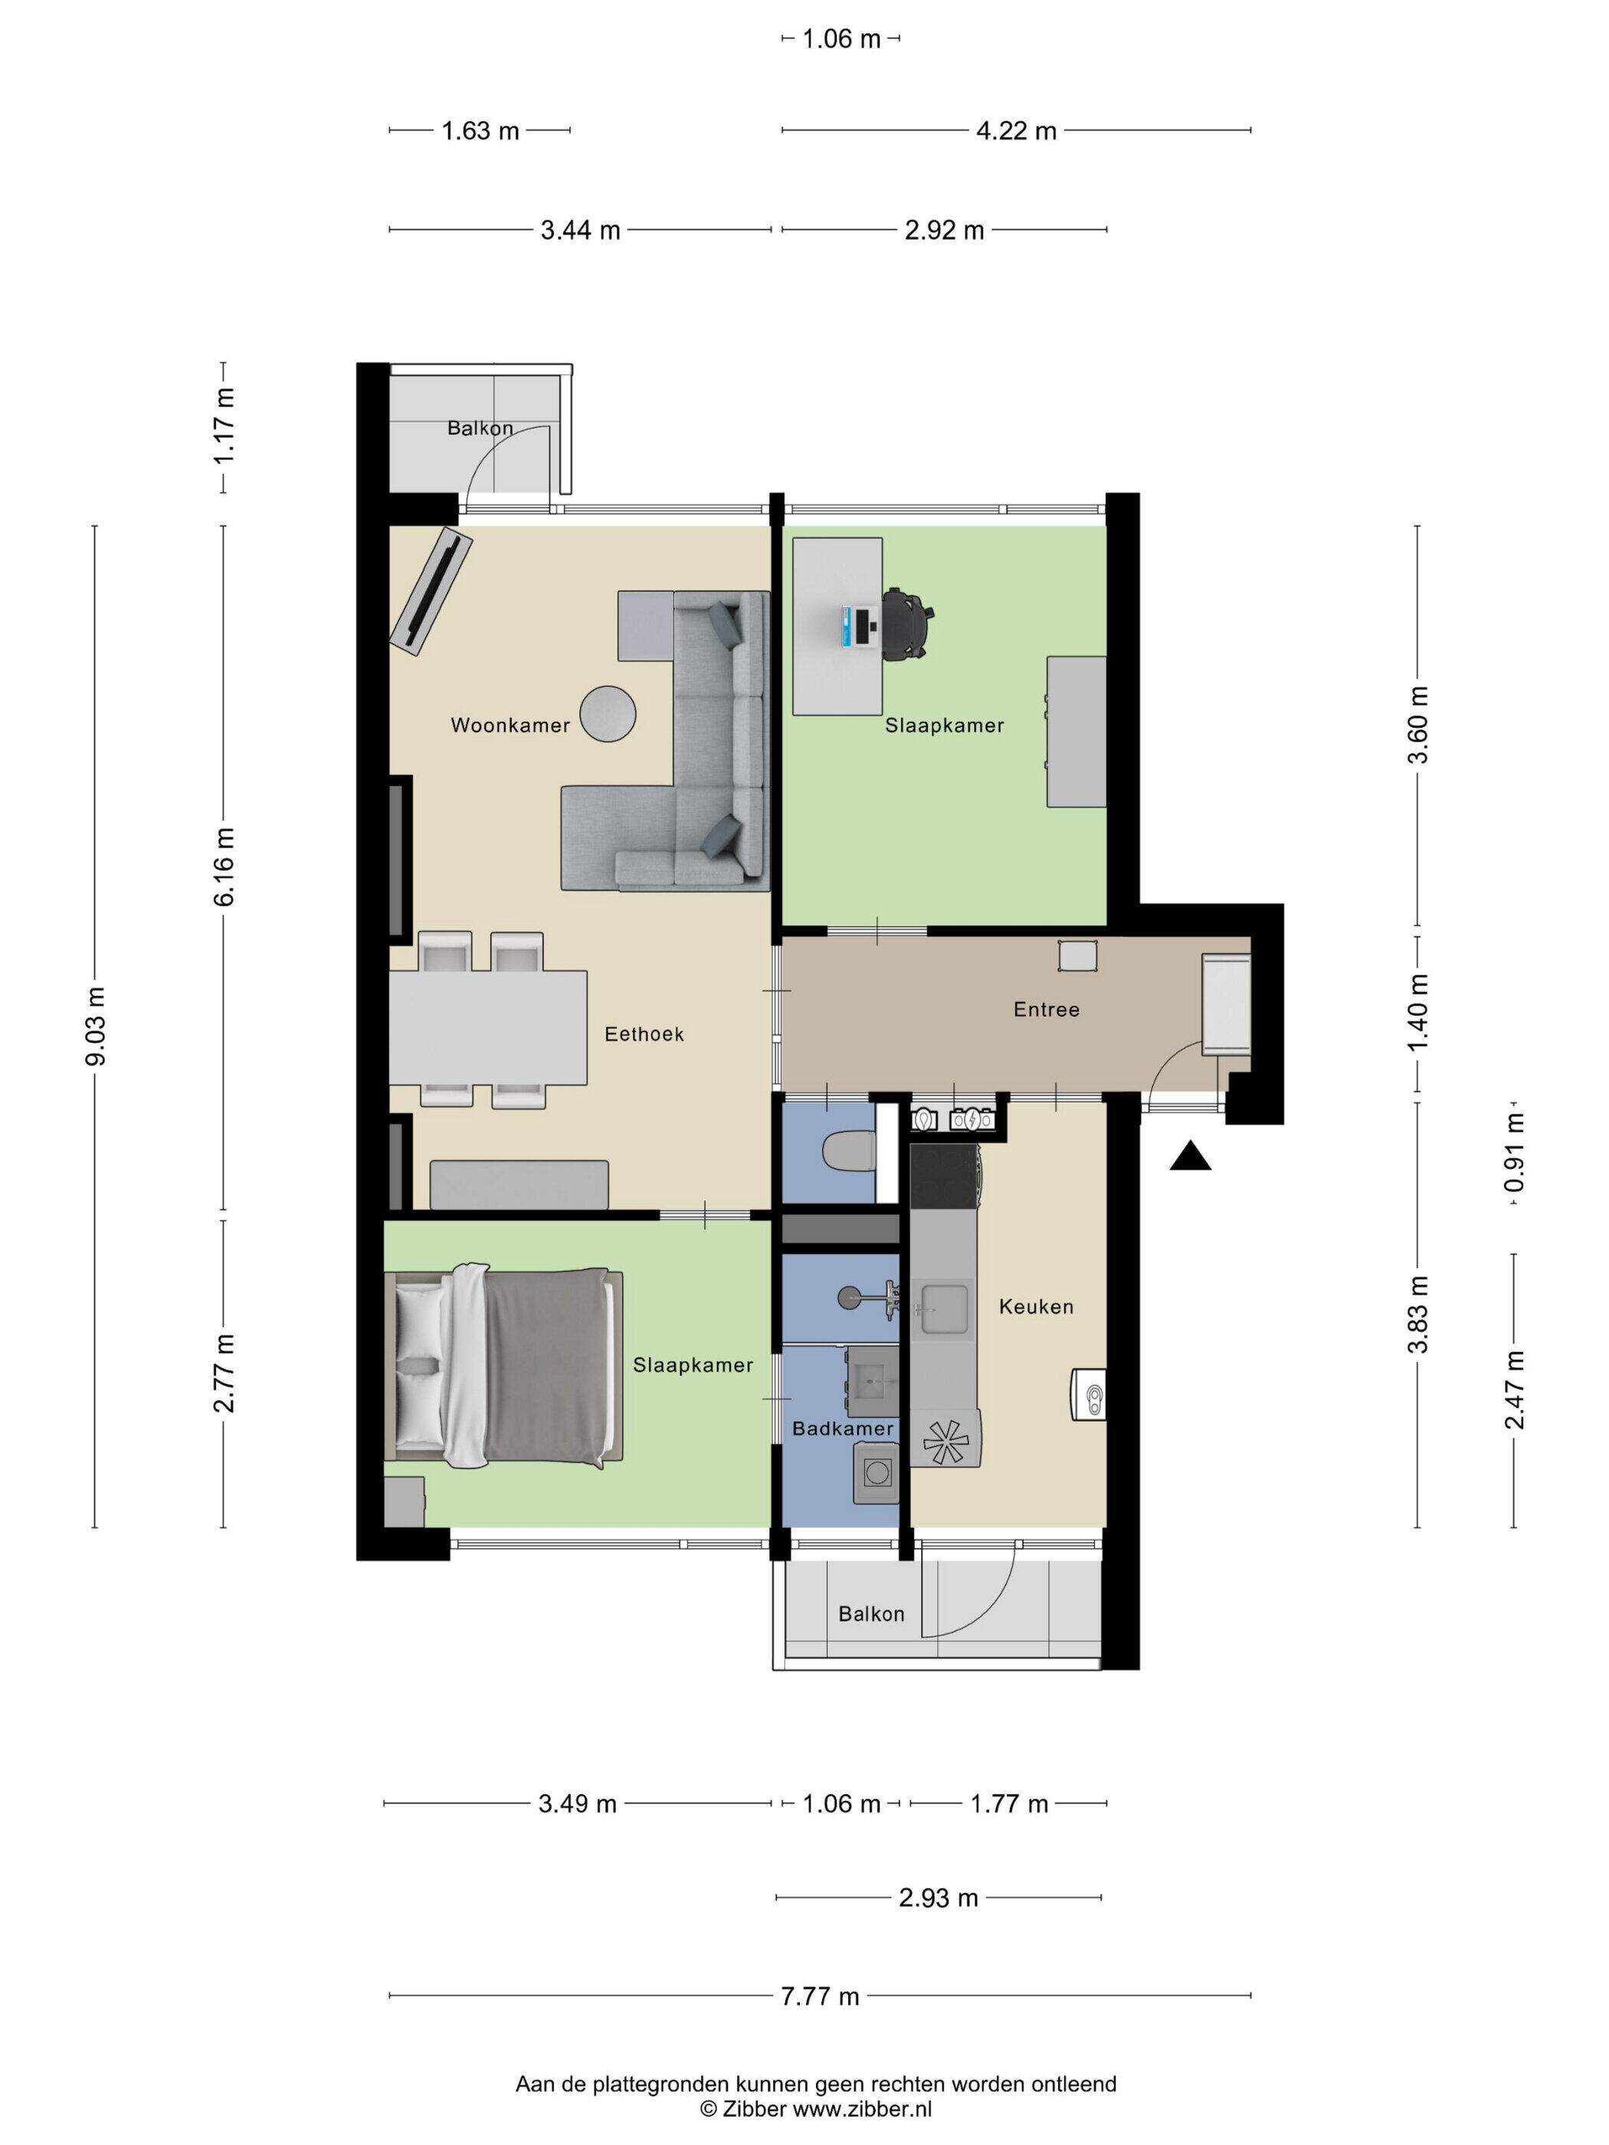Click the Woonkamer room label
pos(510,725)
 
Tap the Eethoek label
pos(644,1035)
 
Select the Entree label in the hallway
pos(1047,1010)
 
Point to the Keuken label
pos(1037,1307)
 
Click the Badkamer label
pos(843,1429)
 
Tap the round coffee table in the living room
pos(608,714)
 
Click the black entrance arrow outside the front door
pos(1190,1157)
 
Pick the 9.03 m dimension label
pos(96,1026)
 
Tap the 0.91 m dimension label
pos(1514,1152)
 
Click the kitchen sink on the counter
pos(944,1308)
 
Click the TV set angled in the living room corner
pos(431,591)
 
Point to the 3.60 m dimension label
pos(1418,725)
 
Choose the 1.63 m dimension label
pos(480,131)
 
